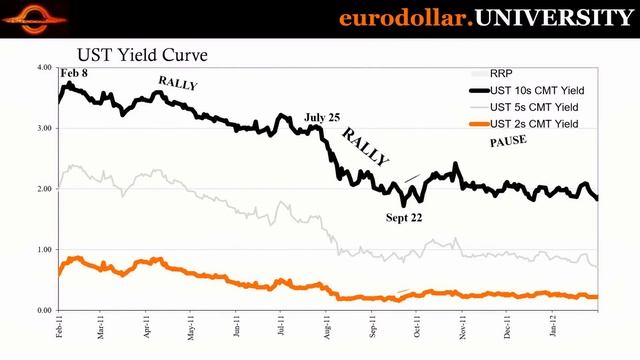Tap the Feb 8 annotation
[x=74, y=74]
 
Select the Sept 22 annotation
[x=404, y=217]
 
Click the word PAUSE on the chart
[x=507, y=142]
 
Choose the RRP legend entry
[x=500, y=73]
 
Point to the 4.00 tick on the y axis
[x=43, y=68]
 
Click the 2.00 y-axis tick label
[x=43, y=189]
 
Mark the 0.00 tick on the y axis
[x=43, y=311]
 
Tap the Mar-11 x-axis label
[x=101, y=327]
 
